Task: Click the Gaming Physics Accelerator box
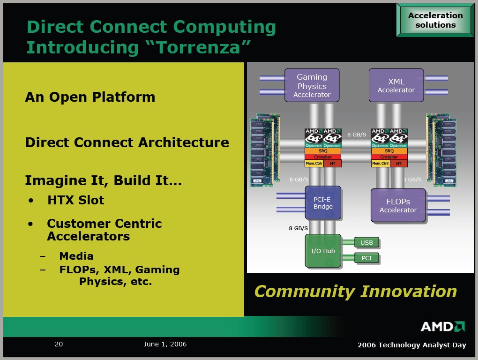[312, 85]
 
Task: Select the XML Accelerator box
[396, 85]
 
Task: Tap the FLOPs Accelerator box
[398, 205]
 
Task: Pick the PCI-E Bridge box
[323, 202]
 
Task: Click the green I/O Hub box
[323, 251]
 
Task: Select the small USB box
[366, 242]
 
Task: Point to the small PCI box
[366, 258]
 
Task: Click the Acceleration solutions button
[435, 20]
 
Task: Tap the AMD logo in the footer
[442, 326]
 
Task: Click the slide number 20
[59, 344]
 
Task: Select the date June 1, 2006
[165, 344]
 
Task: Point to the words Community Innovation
[355, 291]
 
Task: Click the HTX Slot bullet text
[75, 200]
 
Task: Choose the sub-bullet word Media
[76, 256]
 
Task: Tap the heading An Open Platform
[90, 97]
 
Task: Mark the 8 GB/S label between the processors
[357, 135]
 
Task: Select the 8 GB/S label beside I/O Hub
[298, 228]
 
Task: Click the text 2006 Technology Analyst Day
[411, 345]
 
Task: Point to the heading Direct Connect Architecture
[127, 142]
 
